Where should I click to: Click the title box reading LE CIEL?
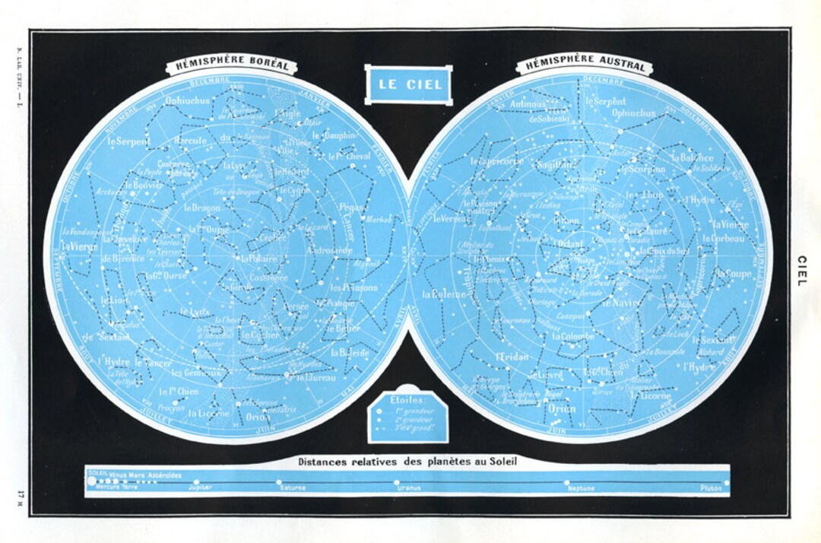point(408,84)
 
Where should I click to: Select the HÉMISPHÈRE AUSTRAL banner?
point(584,66)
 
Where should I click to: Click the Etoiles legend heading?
point(408,398)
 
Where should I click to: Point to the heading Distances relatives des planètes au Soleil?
point(409,461)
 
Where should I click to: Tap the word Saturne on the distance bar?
point(292,487)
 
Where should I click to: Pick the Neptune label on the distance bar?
point(581,487)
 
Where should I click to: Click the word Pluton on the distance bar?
point(712,487)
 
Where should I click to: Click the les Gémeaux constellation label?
point(195,373)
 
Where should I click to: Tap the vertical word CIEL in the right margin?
point(800,271)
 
